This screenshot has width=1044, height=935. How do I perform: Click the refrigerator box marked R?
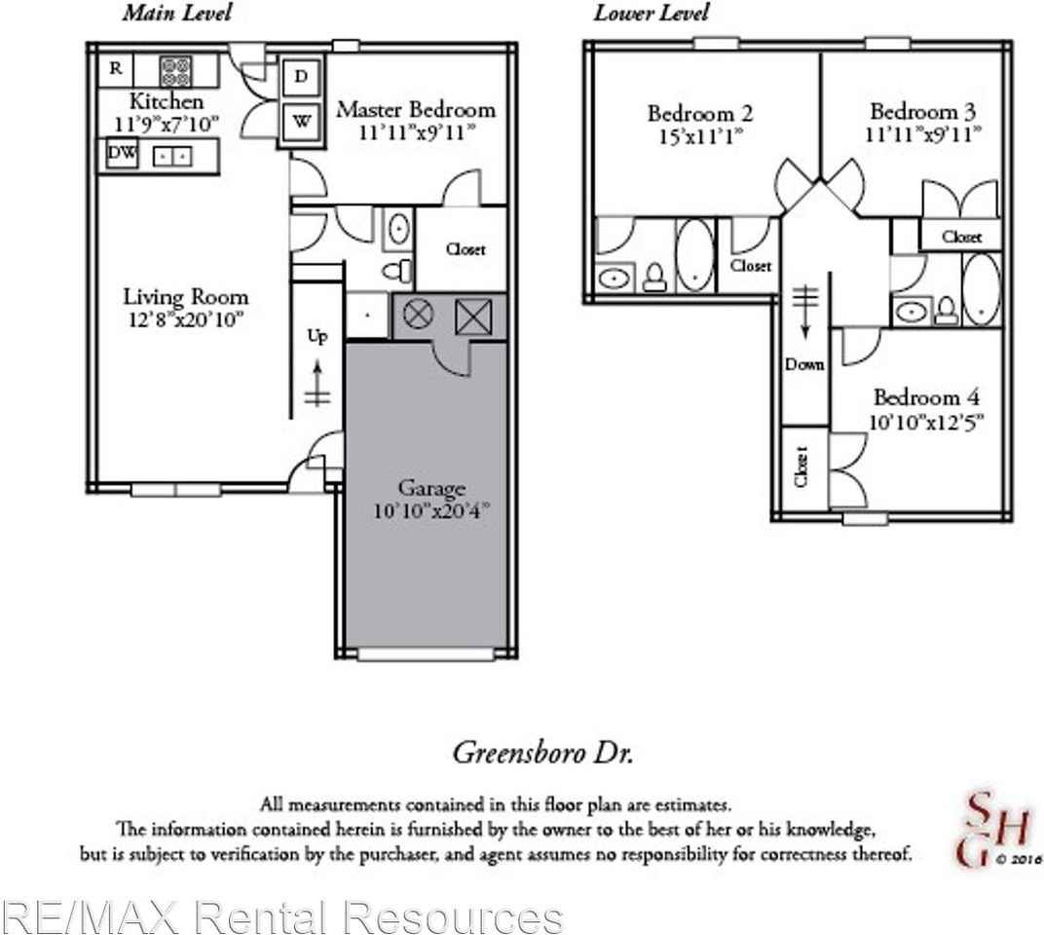(116, 68)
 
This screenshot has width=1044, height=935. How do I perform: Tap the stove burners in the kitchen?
(175, 70)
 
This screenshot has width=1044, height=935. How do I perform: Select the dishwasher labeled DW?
(122, 155)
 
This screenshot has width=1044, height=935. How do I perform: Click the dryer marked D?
(301, 77)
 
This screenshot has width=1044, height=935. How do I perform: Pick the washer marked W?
(301, 122)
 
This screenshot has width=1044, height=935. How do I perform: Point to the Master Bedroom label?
(415, 109)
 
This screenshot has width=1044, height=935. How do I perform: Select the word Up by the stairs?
(318, 336)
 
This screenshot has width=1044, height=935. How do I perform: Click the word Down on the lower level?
(805, 364)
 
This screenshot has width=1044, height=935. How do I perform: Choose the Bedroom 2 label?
(699, 114)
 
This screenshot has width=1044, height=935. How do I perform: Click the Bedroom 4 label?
(926, 397)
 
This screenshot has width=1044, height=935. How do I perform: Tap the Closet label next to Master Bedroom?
(465, 249)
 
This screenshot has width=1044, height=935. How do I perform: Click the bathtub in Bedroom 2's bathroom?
(694, 256)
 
